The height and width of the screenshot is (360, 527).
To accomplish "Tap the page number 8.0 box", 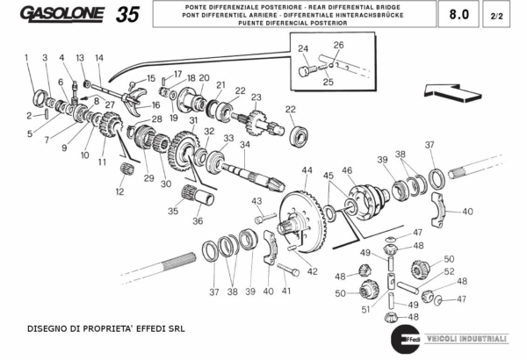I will click(458, 15).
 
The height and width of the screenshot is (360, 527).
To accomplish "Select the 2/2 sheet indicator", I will click(497, 15).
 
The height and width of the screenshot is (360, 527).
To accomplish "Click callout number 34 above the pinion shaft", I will click(245, 145).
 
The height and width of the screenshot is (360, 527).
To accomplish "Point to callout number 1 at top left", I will click(26, 58).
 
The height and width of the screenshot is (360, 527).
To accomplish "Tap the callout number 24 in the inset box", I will click(302, 48).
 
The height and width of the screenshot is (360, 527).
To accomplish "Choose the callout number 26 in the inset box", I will click(338, 44).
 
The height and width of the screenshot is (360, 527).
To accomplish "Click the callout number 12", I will click(119, 191).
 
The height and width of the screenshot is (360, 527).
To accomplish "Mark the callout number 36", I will click(198, 221).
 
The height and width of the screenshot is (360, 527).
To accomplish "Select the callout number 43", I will click(257, 202).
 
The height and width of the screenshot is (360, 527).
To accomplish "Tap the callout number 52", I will click(449, 271).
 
